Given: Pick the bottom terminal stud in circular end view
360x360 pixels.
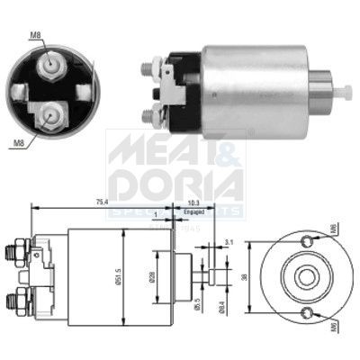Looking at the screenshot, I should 50,114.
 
